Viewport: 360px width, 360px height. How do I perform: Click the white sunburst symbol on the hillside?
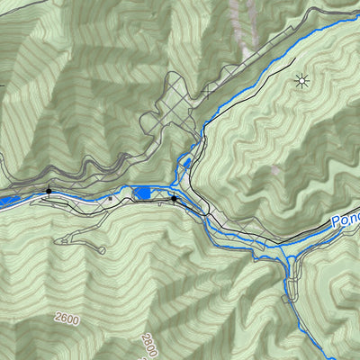(x=301, y=82)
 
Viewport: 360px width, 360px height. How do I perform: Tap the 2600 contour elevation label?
(x=67, y=319)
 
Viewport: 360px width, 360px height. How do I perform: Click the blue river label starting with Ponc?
(x=345, y=220)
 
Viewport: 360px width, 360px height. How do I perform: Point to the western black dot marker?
(x=49, y=191)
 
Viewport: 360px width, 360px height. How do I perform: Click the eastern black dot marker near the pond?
(x=174, y=198)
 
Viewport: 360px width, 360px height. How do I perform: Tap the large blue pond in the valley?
(x=142, y=193)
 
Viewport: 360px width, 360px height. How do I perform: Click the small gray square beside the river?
(x=111, y=197)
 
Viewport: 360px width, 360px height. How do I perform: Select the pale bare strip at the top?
(x=241, y=18)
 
